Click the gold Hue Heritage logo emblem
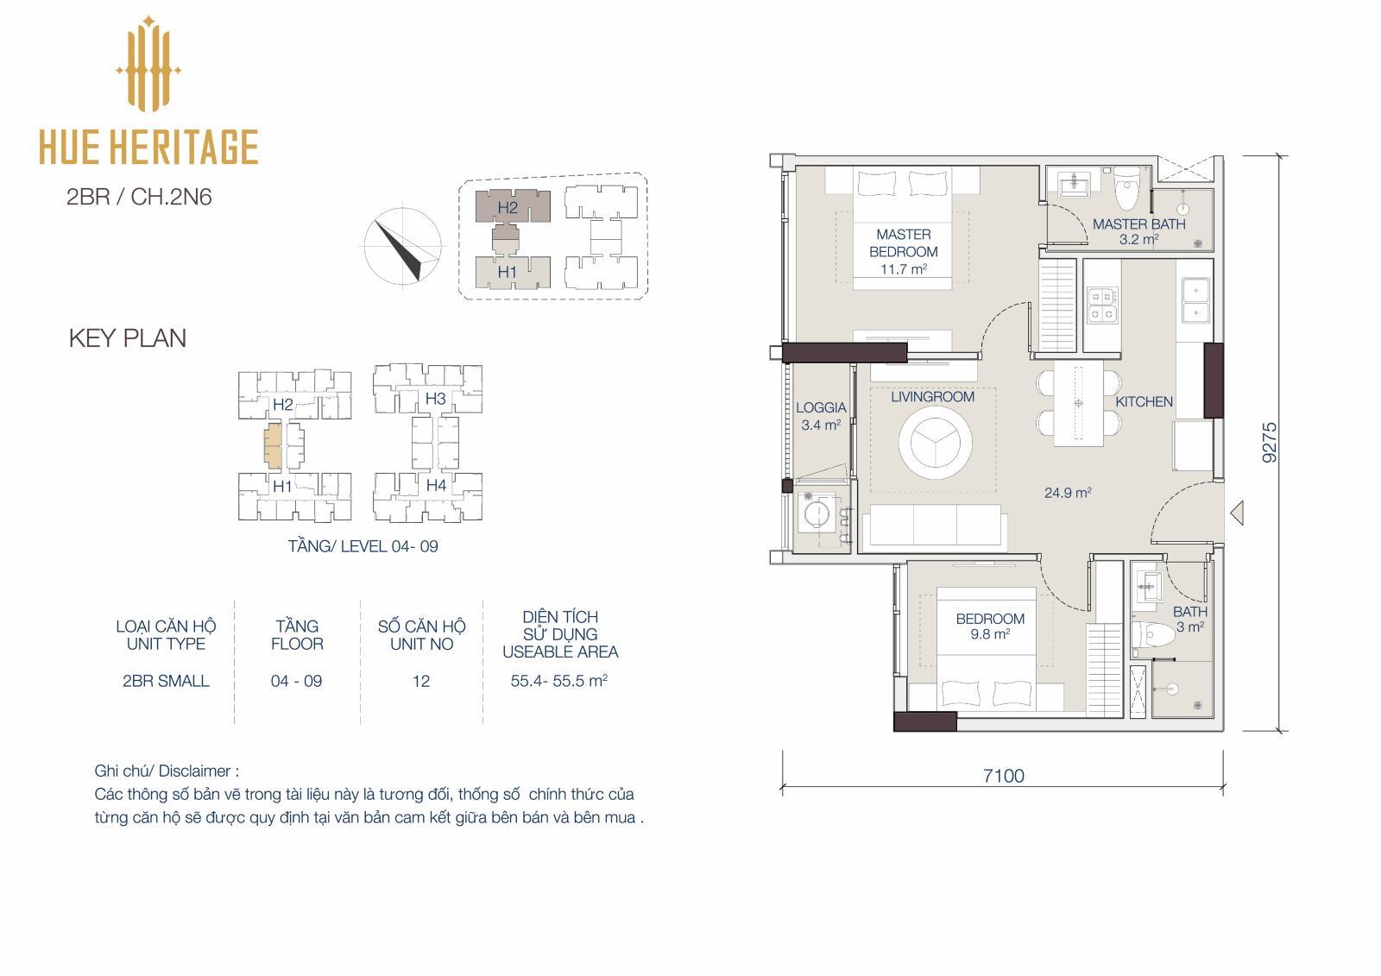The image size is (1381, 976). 148,64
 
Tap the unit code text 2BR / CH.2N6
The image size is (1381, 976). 139,198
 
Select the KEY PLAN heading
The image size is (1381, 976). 128,338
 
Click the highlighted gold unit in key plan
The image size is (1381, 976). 273,444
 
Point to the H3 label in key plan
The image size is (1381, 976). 435,399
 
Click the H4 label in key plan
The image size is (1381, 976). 436,486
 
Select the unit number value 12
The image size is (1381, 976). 421,681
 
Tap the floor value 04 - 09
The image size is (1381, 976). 297,681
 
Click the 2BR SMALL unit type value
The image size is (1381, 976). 166,681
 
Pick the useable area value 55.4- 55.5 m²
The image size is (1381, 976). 559,681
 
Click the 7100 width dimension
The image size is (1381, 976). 1004,777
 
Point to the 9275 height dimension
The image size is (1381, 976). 1270,442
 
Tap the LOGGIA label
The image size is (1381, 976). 821,407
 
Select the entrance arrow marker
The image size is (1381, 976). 1237,513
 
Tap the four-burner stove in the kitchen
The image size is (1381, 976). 1102,305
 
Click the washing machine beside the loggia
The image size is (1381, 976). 818,513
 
